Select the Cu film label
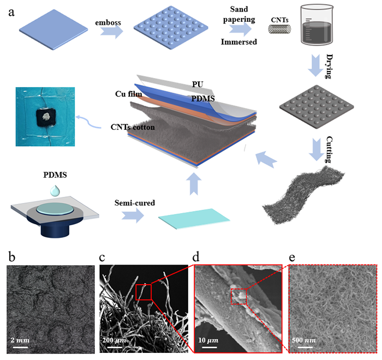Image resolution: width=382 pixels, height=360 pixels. (129, 94)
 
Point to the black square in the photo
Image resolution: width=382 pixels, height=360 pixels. (45, 115)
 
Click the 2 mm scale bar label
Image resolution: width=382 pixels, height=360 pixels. (21, 340)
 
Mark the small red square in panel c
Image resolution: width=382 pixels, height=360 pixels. (144, 292)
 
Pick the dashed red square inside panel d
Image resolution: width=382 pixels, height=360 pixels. (238, 297)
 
